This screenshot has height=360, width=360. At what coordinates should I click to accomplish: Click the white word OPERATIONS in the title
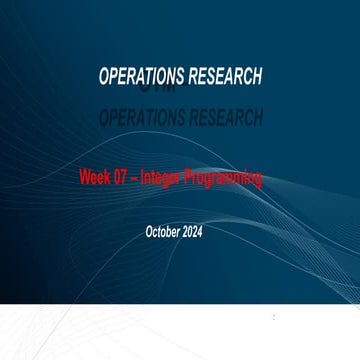(140, 77)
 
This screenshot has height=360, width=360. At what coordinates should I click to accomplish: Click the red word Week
(95, 179)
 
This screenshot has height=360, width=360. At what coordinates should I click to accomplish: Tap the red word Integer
(162, 179)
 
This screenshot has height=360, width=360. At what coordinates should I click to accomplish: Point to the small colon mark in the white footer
(274, 317)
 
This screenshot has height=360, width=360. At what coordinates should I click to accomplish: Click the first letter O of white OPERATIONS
(105, 77)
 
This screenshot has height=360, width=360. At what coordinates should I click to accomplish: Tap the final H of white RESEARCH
(257, 77)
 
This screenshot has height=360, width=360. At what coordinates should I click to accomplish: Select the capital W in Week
(84, 179)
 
